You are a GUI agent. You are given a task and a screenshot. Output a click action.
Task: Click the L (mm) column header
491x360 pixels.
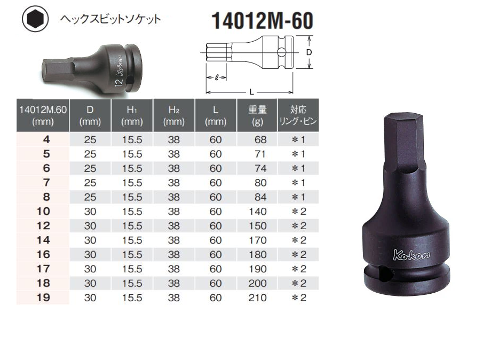click(215, 115)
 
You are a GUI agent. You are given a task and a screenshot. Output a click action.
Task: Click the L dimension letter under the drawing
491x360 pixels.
click(249, 92)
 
